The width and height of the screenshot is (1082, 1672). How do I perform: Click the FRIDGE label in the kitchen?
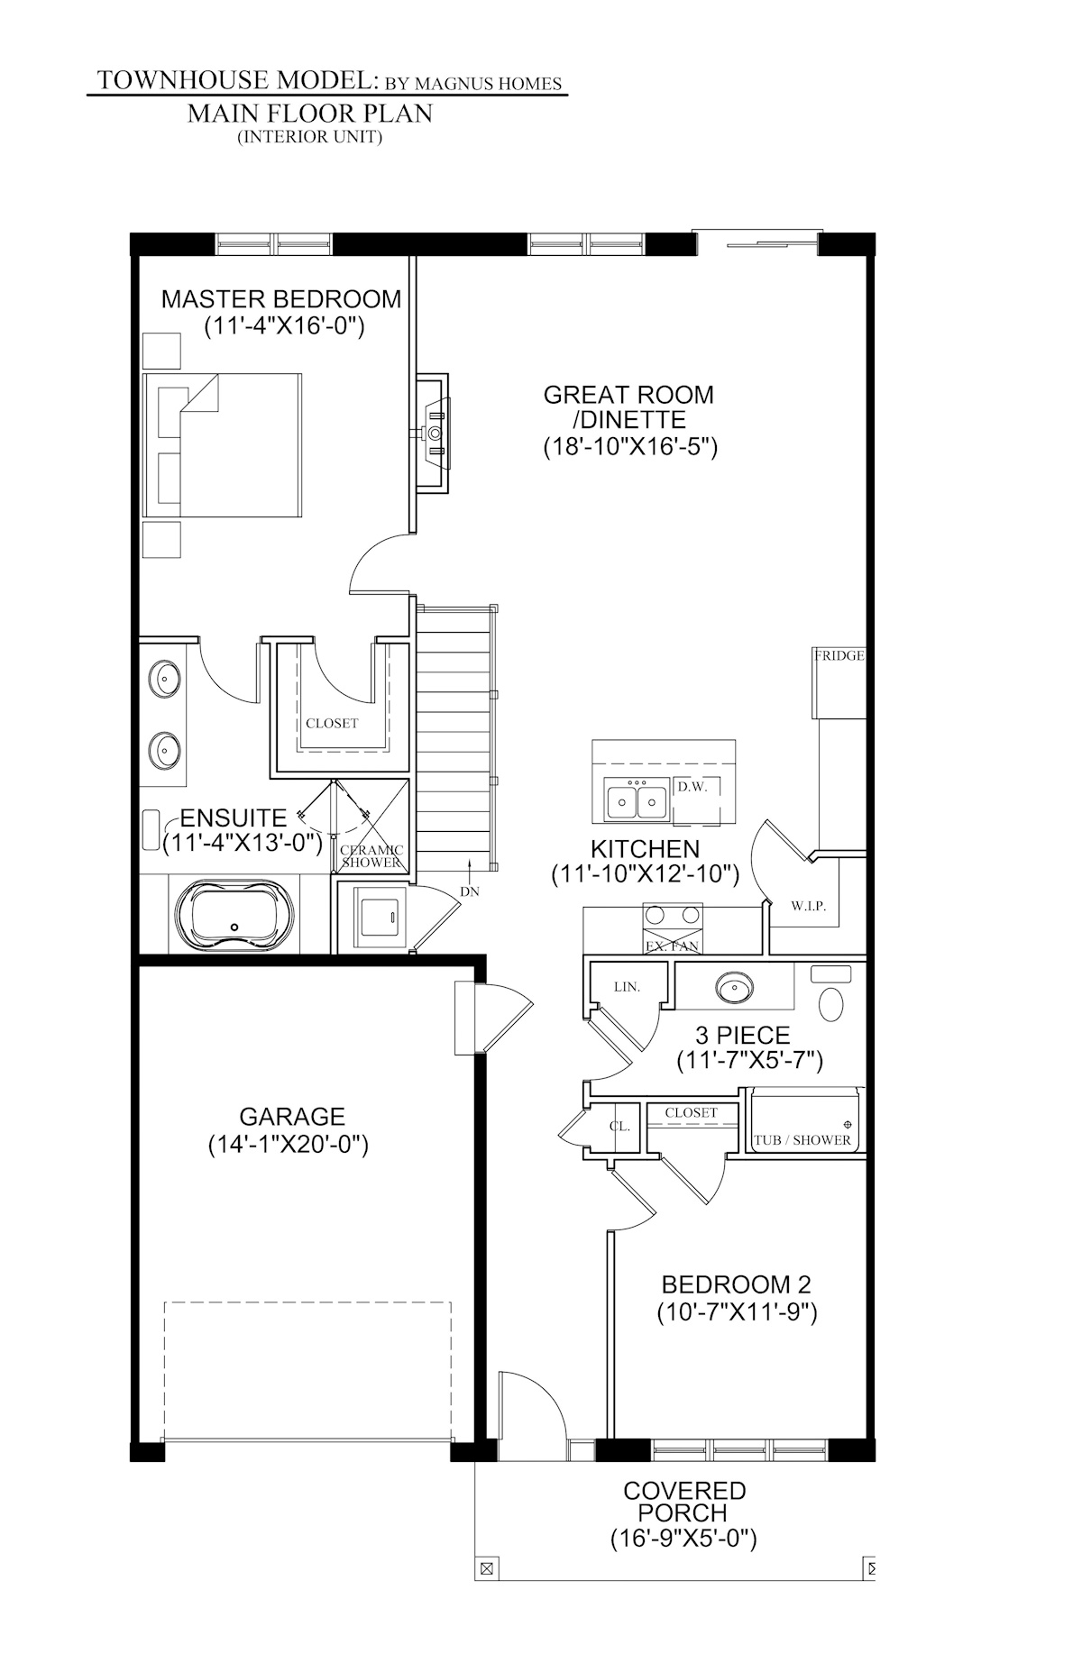pyautogui.click(x=839, y=656)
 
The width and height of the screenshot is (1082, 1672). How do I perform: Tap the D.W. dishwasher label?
pyautogui.click(x=692, y=787)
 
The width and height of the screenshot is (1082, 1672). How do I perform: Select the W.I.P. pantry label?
pyautogui.click(x=808, y=906)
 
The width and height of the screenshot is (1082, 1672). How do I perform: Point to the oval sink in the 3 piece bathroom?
pyautogui.click(x=734, y=988)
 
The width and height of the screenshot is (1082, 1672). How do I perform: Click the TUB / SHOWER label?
pyautogui.click(x=802, y=1140)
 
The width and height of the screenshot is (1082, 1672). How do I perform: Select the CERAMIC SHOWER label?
pyautogui.click(x=371, y=856)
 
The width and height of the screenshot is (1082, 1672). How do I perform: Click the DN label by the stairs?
pyautogui.click(x=470, y=891)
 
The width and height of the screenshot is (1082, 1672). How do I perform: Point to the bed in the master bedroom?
pyautogui.click(x=222, y=445)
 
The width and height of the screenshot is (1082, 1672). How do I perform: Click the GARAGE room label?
pyautogui.click(x=291, y=1117)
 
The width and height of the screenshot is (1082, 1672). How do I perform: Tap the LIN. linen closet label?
pyautogui.click(x=627, y=987)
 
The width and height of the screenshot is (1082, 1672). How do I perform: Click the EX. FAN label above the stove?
pyautogui.click(x=671, y=946)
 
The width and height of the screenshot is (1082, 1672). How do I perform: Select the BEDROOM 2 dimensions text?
pyautogui.click(x=736, y=1313)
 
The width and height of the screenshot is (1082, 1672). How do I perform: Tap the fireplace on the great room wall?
pyautogui.click(x=435, y=433)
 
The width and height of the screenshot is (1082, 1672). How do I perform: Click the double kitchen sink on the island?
pyautogui.click(x=637, y=800)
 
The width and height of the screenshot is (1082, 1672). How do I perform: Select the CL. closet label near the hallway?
pyautogui.click(x=619, y=1127)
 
